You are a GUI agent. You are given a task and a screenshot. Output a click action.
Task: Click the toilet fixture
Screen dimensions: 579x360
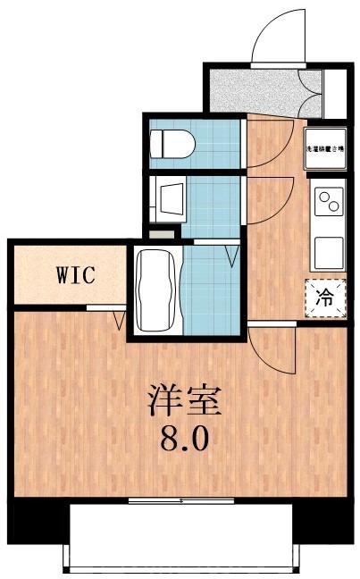tap(172, 141)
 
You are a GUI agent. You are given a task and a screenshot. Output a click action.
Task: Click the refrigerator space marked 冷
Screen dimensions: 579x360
tap(326, 298)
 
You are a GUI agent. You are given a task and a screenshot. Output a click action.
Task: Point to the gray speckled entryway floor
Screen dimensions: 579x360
tap(259, 87)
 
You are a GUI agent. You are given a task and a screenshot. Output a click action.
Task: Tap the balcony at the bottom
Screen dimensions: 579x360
tap(181, 536)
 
